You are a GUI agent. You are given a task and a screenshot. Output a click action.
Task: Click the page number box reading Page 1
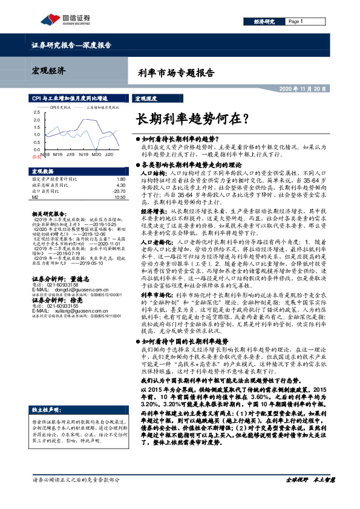coord(296,21)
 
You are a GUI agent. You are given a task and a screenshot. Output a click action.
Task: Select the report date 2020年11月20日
coord(303,89)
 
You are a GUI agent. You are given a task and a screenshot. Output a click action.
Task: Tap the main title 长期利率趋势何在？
coord(191,117)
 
